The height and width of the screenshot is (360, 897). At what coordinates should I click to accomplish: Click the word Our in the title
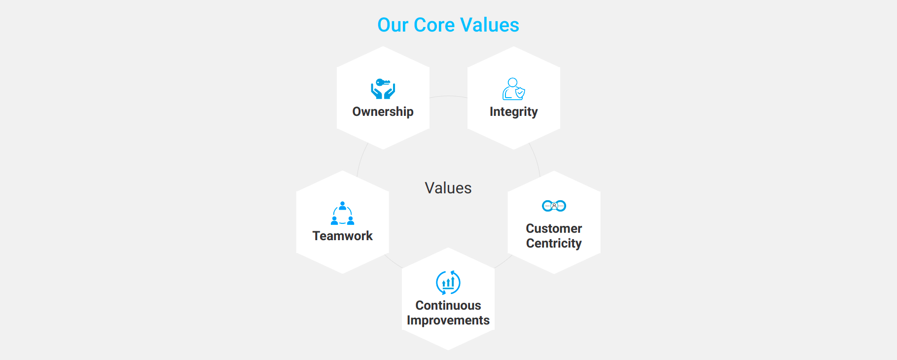(x=393, y=25)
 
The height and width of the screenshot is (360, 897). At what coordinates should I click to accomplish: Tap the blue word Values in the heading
(x=490, y=25)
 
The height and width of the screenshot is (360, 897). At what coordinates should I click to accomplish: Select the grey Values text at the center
(x=448, y=188)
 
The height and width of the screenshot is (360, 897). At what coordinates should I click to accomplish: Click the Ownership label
(x=383, y=112)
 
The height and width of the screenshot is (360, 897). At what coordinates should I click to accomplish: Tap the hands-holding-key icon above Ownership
(x=383, y=89)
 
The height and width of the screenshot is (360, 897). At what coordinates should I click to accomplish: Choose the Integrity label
(x=514, y=112)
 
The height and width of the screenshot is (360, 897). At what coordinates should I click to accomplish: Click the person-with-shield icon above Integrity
(x=514, y=89)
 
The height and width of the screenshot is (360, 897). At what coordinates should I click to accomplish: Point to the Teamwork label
(x=343, y=236)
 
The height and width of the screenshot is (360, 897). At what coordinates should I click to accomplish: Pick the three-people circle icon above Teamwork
(x=343, y=213)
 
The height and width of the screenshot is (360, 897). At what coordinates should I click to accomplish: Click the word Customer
(x=554, y=228)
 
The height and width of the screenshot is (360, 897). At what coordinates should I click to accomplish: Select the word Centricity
(x=554, y=244)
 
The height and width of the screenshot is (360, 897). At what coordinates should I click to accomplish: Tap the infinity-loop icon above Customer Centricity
(x=554, y=206)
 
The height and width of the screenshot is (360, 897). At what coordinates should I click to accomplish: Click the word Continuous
(x=448, y=305)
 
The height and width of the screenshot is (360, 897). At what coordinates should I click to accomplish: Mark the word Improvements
(x=448, y=321)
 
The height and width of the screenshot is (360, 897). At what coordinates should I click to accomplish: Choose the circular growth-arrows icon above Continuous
(x=448, y=283)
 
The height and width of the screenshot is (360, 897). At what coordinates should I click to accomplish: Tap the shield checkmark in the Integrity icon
(x=520, y=92)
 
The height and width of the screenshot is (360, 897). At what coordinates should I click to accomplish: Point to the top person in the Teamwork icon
(x=343, y=206)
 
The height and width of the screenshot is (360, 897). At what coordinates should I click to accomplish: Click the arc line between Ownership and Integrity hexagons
(x=448, y=96)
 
